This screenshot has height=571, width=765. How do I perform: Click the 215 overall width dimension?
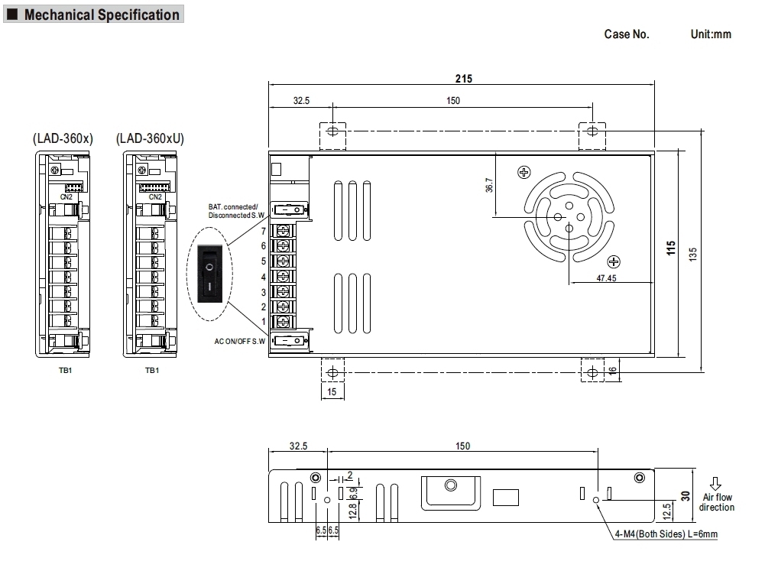[464, 78]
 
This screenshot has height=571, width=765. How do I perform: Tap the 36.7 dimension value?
[489, 186]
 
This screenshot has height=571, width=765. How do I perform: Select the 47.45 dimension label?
[606, 278]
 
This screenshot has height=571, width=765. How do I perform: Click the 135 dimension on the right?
[693, 253]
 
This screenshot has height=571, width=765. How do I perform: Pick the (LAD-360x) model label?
[63, 138]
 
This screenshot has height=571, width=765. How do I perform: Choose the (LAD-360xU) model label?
[151, 138]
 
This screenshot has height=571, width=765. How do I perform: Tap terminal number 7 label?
[264, 231]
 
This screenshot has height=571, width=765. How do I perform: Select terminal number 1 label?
[264, 322]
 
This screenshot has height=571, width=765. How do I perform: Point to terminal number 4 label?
[264, 277]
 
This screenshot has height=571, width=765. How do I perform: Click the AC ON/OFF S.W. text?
[239, 341]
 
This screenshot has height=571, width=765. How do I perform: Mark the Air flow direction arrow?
[716, 484]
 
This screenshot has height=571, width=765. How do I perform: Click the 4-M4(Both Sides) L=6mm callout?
[666, 534]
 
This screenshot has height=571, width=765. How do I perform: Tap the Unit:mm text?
[711, 34]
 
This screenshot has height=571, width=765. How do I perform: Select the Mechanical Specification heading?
[102, 15]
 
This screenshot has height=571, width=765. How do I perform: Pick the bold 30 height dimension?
[686, 495]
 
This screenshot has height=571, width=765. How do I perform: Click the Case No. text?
[627, 34]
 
